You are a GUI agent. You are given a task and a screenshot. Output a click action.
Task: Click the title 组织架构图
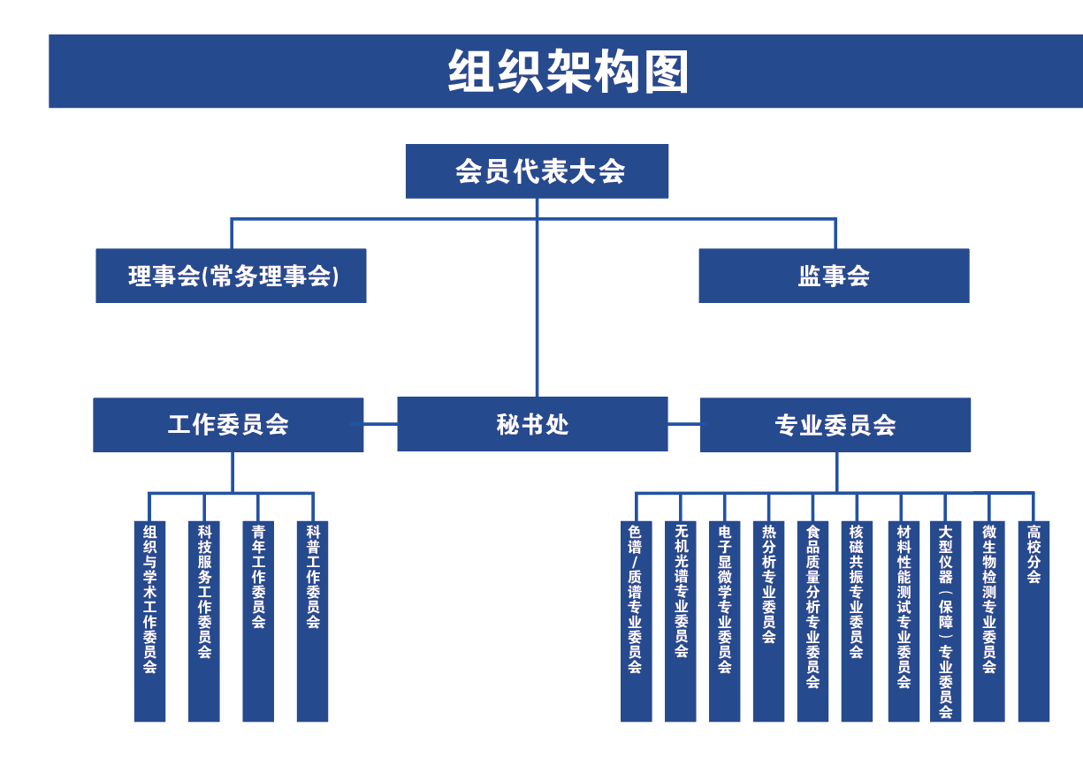click(568, 72)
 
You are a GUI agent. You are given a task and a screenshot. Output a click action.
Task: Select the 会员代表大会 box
click(537, 171)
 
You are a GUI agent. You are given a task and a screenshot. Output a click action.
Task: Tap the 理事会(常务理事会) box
click(231, 276)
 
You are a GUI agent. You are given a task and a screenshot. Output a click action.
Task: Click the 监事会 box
click(834, 276)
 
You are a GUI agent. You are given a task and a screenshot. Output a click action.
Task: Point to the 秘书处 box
click(532, 424)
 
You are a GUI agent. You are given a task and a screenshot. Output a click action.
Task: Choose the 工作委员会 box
click(228, 425)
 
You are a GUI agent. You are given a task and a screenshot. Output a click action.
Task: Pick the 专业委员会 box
click(835, 425)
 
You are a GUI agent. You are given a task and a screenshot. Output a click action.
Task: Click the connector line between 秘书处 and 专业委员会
click(683, 424)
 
